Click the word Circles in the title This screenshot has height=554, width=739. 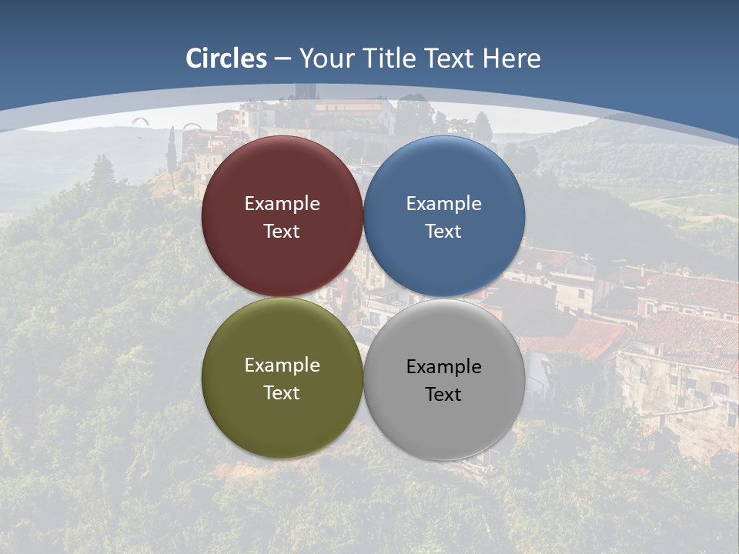tap(226, 58)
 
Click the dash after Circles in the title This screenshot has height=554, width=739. tap(283, 59)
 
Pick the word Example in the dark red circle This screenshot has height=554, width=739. tap(282, 204)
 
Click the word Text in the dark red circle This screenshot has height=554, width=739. tap(282, 232)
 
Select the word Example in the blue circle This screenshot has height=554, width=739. tap(443, 204)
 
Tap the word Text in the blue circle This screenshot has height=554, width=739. tap(443, 232)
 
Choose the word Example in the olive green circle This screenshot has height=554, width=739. tap(282, 365)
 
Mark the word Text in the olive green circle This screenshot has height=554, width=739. tap(282, 393)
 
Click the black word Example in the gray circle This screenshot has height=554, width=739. tap(443, 367)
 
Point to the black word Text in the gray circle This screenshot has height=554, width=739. tap(443, 395)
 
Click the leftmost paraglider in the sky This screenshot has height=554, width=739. tap(139, 120)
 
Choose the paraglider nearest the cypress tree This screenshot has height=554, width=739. tap(192, 127)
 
